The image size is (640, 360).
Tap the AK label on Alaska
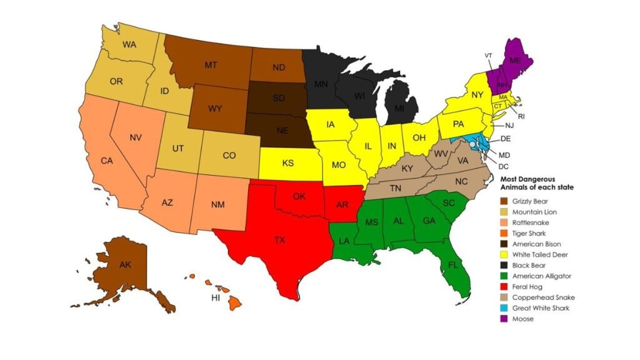point(125,264)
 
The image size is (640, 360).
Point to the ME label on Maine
point(515,61)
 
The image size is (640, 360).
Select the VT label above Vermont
point(488,56)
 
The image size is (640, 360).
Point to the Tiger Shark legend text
point(529,234)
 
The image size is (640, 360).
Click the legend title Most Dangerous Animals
point(536,182)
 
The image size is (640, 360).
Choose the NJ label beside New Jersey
point(509,126)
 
